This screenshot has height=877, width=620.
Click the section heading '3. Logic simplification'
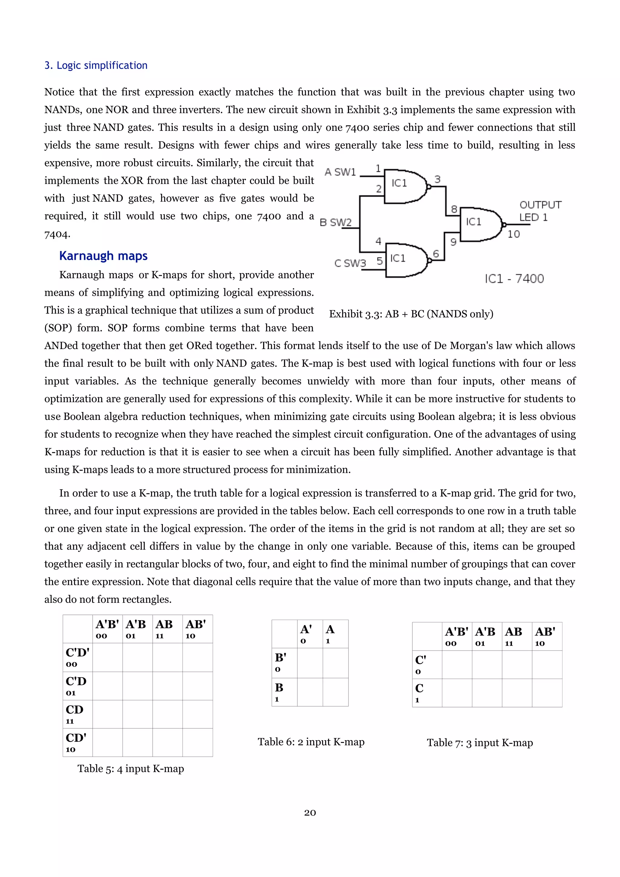tap(96, 65)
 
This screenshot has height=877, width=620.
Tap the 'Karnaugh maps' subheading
tap(103, 256)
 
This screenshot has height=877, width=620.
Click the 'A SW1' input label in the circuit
tap(340, 172)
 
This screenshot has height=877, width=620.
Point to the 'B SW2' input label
tap(335, 222)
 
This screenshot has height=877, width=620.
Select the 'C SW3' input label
tap(350, 263)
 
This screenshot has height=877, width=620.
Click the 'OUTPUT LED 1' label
tap(540, 211)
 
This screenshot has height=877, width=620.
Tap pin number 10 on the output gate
tap(513, 234)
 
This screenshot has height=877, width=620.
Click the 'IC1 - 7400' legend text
tap(514, 279)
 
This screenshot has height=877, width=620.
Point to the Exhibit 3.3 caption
tap(411, 314)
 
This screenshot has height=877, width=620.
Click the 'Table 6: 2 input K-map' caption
tap(311, 742)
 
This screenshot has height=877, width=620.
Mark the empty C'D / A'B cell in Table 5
tap(137, 686)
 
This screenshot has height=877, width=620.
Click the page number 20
tap(310, 813)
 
